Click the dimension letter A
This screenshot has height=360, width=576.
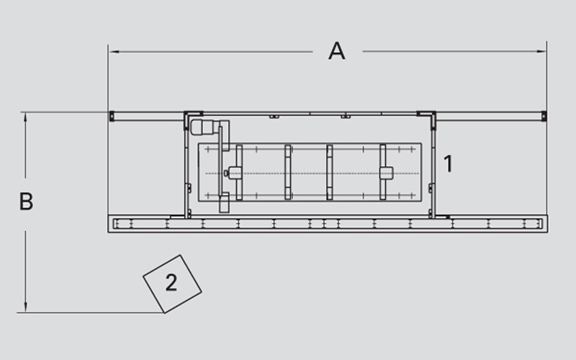tap(336, 51)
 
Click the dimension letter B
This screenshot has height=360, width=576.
tap(26, 202)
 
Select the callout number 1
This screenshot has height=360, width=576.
tap(448, 164)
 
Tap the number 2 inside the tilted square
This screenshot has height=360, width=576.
tap(171, 282)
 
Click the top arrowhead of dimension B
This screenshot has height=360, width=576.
tap(25, 117)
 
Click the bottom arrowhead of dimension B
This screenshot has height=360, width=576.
tap(25, 307)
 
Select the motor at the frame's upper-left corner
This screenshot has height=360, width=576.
tap(204, 127)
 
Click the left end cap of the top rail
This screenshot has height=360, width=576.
tap(112, 116)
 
